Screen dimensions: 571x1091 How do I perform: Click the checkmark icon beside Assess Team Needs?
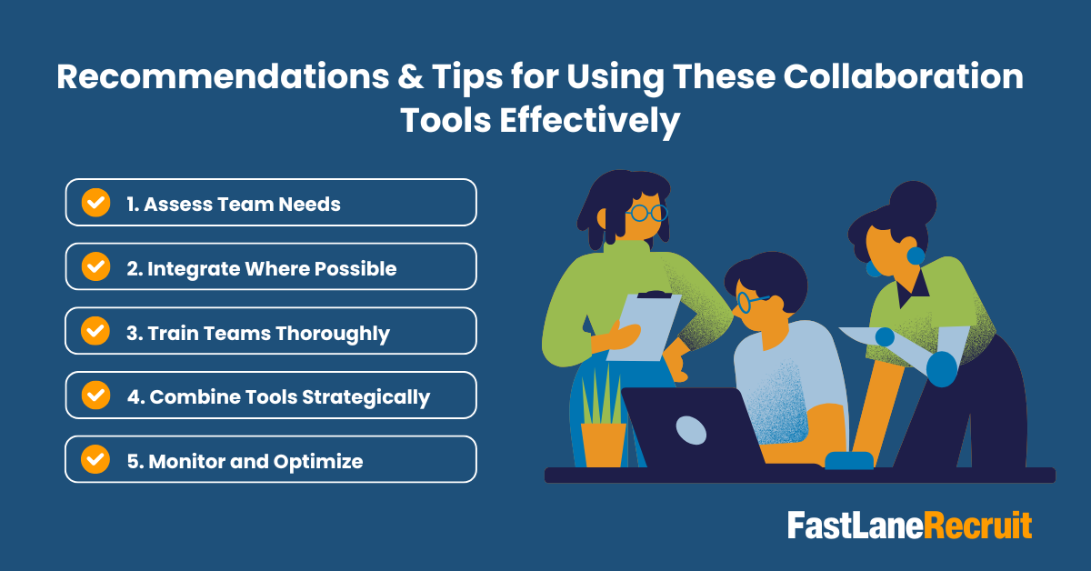[95, 203]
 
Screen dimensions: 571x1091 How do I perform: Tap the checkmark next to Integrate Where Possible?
[95, 266]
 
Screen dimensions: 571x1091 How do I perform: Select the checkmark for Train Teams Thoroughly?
[95, 331]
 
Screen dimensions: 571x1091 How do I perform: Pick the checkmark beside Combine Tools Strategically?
[95, 396]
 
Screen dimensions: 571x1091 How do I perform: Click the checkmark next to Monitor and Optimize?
[95, 460]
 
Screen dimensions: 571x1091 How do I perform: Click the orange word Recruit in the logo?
[978, 526]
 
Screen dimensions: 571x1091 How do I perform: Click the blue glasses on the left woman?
[647, 213]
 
